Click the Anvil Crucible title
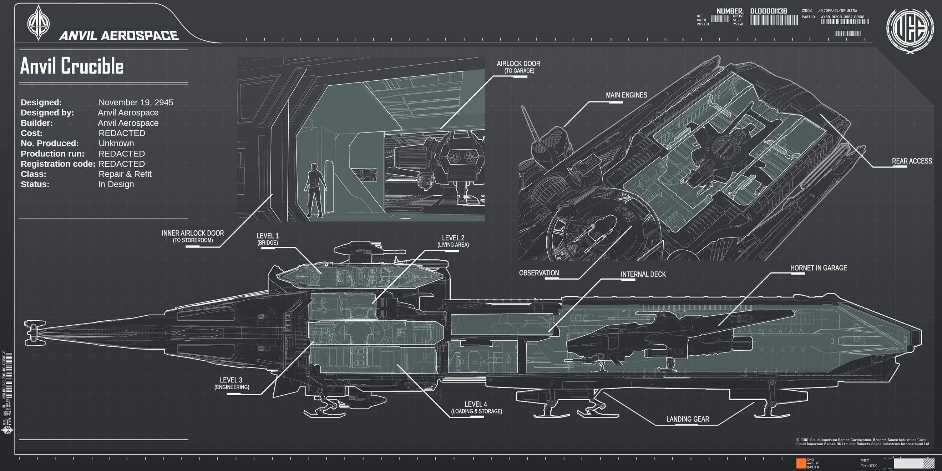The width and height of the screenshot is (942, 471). (x=72, y=66)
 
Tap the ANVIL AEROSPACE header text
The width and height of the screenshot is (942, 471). (x=119, y=35)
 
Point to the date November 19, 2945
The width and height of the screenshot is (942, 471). (x=136, y=102)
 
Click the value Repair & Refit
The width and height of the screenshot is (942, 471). (x=125, y=174)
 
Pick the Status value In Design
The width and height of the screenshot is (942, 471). (x=116, y=185)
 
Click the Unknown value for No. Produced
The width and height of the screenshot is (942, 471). (x=116, y=144)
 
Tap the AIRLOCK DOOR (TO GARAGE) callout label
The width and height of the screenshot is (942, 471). (x=518, y=67)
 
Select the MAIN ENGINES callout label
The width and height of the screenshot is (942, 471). (x=627, y=95)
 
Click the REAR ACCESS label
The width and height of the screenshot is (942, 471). (x=912, y=161)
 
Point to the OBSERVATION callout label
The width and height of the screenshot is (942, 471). (x=539, y=273)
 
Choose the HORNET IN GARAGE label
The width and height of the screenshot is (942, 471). (x=819, y=268)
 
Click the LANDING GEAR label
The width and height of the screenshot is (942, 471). (x=688, y=419)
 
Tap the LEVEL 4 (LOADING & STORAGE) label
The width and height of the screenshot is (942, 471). (x=476, y=407)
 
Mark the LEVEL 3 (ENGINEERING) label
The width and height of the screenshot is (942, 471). (x=232, y=383)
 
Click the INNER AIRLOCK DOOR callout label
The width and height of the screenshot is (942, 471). (x=193, y=236)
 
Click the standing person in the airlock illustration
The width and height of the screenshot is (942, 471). (x=314, y=190)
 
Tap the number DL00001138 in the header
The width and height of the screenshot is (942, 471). (x=768, y=11)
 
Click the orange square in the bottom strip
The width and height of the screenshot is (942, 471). (x=801, y=463)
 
